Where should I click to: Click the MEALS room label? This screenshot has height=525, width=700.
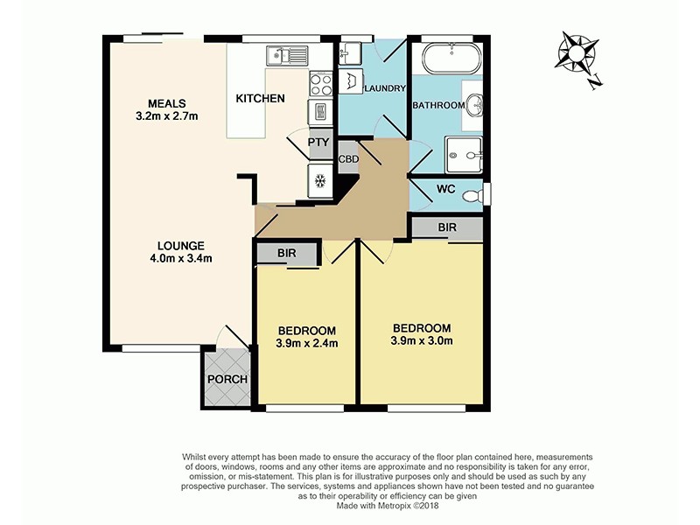pyautogui.click(x=166, y=103)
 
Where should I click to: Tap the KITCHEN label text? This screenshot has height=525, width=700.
pyautogui.click(x=260, y=99)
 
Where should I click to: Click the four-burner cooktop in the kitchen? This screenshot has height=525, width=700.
pyautogui.click(x=320, y=85)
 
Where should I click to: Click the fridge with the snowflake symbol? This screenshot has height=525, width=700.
pyautogui.click(x=320, y=182)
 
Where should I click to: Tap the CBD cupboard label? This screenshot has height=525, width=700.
pyautogui.click(x=347, y=159)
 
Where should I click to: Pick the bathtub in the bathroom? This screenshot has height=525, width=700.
pyautogui.click(x=450, y=60)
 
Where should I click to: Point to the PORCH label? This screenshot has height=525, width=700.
pyautogui.click(x=227, y=380)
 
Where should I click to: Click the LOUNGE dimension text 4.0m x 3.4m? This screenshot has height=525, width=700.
pyautogui.click(x=181, y=258)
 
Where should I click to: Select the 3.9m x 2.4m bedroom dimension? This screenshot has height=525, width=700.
pyautogui.click(x=307, y=343)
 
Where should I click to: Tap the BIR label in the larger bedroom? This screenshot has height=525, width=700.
pyautogui.click(x=447, y=227)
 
